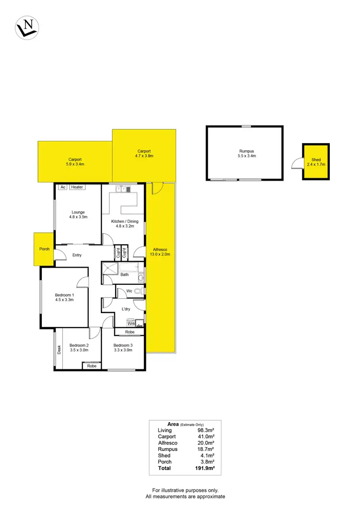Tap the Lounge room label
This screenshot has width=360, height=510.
click(x=78, y=212)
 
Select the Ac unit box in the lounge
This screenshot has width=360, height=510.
click(x=62, y=187)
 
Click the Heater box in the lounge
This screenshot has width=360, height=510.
click(x=77, y=187)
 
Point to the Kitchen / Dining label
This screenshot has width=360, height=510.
click(x=124, y=221)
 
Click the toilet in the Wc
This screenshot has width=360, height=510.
click(x=139, y=291)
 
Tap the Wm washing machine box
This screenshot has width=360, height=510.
click(x=131, y=324)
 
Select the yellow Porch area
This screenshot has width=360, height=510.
click(x=44, y=249)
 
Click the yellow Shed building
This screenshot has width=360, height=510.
click(x=316, y=162)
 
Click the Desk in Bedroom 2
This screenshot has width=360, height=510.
click(x=58, y=350)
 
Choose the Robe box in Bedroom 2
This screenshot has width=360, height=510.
click(x=92, y=366)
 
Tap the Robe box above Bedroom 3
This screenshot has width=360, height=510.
click(x=130, y=332)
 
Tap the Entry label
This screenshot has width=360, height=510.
click(x=77, y=255)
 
